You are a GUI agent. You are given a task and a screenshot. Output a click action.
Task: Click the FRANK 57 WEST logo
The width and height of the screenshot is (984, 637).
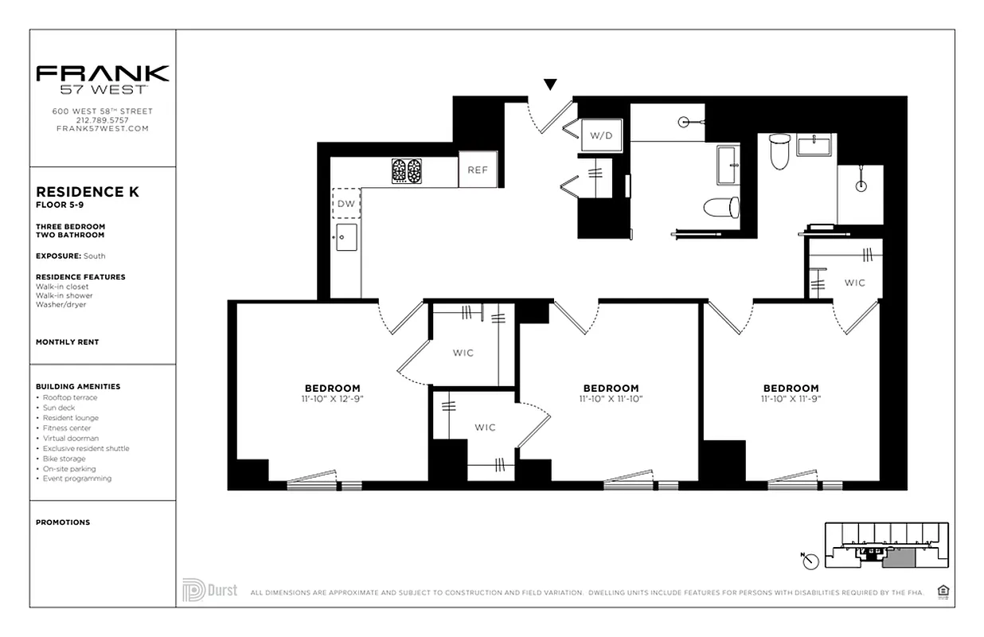coord(103,79)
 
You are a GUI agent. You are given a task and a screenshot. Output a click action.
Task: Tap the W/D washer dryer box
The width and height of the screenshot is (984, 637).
coord(602,135)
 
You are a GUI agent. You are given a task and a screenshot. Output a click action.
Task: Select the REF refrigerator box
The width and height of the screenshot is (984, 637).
coord(478,170)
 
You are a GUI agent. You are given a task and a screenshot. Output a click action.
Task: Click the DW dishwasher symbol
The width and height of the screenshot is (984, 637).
coord(346,204)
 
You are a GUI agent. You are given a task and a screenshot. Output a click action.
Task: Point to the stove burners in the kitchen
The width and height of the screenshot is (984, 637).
coord(406,171)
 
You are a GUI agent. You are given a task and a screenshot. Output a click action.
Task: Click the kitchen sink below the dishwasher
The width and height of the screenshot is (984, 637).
coord(346,237)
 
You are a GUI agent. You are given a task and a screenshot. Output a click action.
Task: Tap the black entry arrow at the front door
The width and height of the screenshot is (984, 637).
coord(549,84)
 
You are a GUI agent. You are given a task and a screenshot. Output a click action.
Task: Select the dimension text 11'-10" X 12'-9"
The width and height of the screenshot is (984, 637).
coord(333,398)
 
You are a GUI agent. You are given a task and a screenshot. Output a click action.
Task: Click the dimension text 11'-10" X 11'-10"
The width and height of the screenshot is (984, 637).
coord(611,398)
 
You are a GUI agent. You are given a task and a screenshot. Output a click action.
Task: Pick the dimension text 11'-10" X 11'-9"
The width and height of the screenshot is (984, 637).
coord(791,398)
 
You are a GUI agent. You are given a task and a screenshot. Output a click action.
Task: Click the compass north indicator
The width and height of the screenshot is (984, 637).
coord(810,561)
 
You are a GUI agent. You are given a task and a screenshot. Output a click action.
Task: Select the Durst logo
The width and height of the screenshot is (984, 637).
coord(210,590)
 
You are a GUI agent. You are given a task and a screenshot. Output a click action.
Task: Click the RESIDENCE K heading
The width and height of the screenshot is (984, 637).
coord(88,192)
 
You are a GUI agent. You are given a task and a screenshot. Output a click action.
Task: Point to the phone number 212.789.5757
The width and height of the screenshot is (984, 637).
coord(103,120)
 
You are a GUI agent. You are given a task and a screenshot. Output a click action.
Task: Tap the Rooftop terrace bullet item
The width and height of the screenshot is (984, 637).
coord(70,397)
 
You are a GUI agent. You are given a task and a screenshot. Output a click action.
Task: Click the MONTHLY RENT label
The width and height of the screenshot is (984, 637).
coord(68,342)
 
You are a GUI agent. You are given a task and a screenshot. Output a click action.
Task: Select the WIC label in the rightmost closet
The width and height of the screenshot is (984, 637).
coord(855,283)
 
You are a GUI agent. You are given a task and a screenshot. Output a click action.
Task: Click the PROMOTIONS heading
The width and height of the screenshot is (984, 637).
coord(63,522)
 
